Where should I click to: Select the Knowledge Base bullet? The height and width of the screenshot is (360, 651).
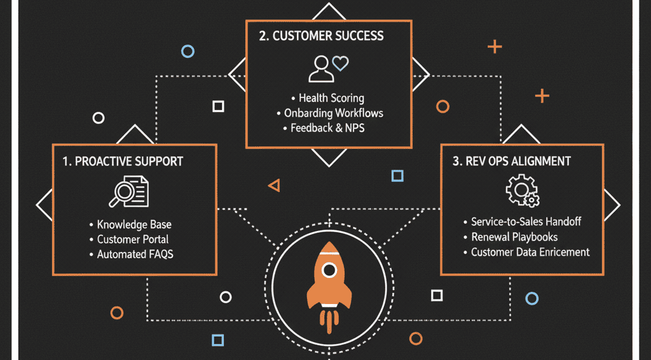pyautogui.click(x=134, y=225)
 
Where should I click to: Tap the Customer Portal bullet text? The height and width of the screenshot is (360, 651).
pyautogui.click(x=133, y=239)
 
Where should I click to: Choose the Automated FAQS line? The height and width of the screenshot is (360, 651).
pyautogui.click(x=135, y=254)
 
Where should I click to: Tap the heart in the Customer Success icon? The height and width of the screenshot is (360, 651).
pyautogui.click(x=341, y=63)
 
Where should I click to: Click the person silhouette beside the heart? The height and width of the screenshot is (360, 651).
pyautogui.click(x=320, y=69)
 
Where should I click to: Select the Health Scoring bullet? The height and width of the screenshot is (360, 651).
pyautogui.click(x=331, y=98)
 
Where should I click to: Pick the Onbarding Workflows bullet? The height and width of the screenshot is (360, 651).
pyautogui.click(x=334, y=113)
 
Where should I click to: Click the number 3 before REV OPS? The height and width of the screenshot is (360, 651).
pyautogui.click(x=456, y=162)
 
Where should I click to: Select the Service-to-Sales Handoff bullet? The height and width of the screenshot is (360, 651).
pyautogui.click(x=526, y=222)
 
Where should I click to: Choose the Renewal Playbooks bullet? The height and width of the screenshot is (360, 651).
pyautogui.click(x=514, y=237)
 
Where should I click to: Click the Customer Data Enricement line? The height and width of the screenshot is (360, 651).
pyautogui.click(x=530, y=252)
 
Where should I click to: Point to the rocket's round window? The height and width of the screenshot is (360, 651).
pyautogui.click(x=329, y=270)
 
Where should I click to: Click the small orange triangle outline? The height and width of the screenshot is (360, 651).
pyautogui.click(x=275, y=185)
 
